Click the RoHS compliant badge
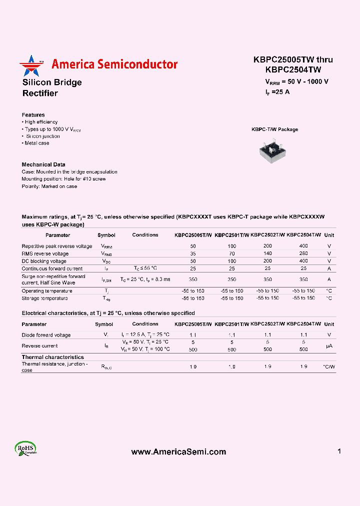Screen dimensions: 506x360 click(25, 448)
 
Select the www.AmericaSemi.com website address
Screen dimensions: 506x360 click(178, 451)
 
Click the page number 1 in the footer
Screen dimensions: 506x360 click(339, 451)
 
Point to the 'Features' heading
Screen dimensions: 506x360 click(33, 115)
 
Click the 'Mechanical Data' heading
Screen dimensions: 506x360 click(43, 164)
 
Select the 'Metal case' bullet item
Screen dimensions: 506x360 click(36, 143)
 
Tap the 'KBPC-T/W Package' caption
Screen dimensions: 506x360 click(274, 129)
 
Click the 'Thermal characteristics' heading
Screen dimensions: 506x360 click(52, 357)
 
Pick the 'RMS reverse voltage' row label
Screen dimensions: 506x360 click(45, 253)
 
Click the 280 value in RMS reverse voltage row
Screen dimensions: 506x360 click(303, 253)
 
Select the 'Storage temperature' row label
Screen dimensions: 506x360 click(44, 298)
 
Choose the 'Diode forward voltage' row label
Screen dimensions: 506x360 click(46, 335)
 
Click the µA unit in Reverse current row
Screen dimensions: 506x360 click(328, 346)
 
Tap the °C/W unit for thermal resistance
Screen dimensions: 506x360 click(328, 367)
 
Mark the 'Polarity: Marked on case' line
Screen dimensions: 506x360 click(49, 186)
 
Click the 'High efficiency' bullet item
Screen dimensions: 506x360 click(40, 122)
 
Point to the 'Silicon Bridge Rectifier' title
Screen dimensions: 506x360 click(51, 87)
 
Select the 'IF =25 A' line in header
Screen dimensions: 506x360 click(277, 91)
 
